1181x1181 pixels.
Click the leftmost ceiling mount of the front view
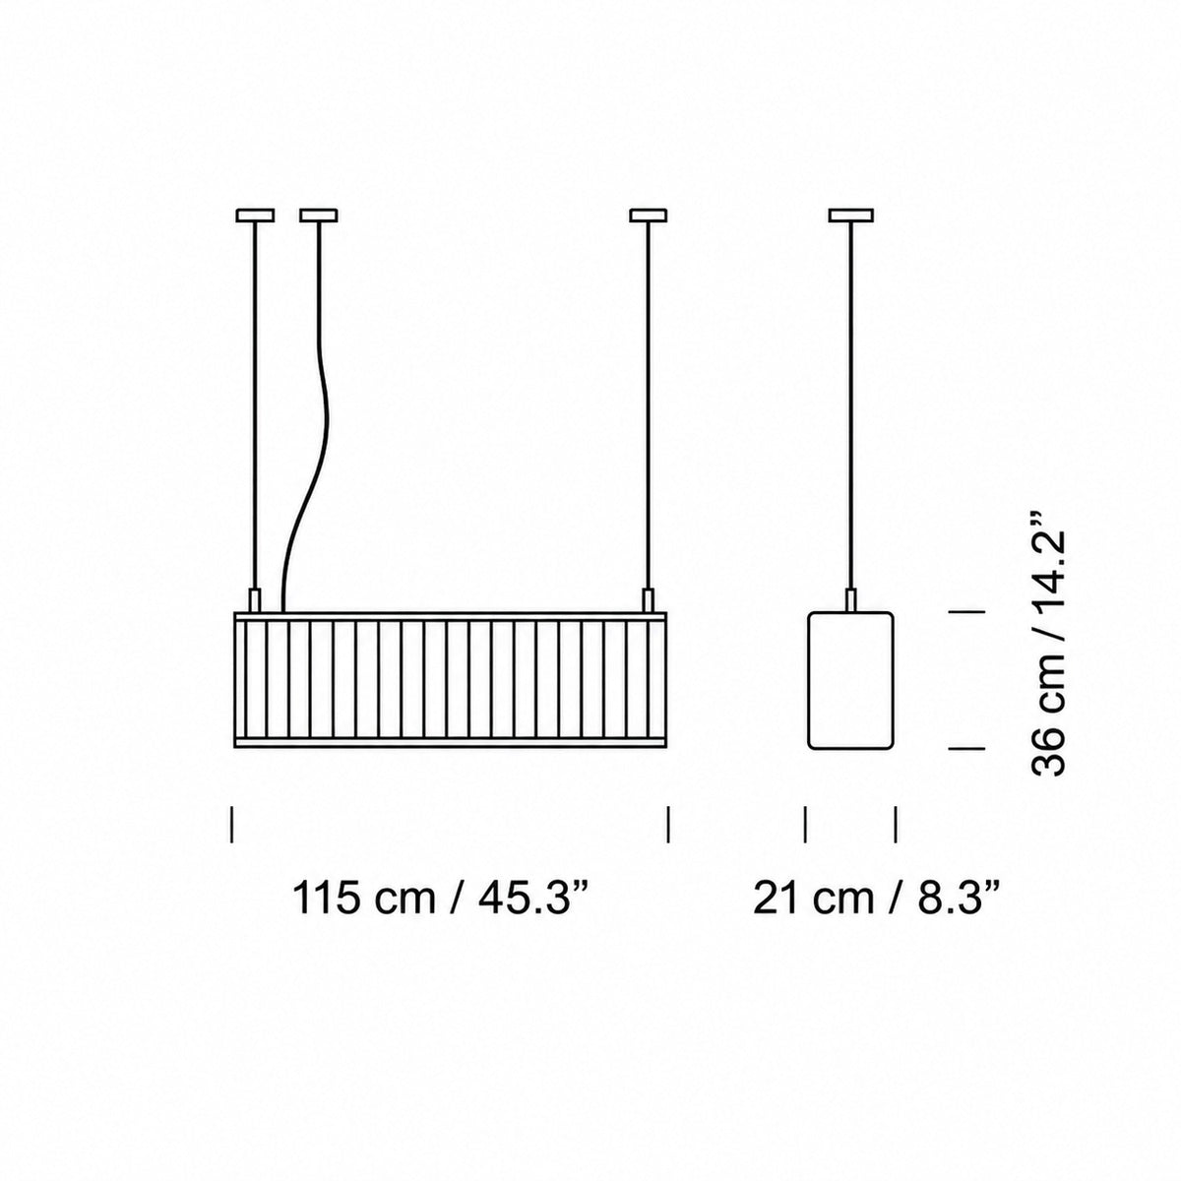pyautogui.click(x=255, y=216)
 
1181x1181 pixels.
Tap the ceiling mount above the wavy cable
pyautogui.click(x=319, y=216)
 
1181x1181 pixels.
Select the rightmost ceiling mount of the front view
pyautogui.click(x=649, y=216)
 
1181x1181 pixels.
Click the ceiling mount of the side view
pyautogui.click(x=850, y=216)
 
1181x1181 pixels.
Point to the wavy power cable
pyautogui.click(x=325, y=416)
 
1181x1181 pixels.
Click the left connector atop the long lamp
pyautogui.click(x=254, y=600)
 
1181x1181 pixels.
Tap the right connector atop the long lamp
pyautogui.click(x=648, y=600)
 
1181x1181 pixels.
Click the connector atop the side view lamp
pyautogui.click(x=850, y=600)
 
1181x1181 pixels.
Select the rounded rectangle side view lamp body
pyautogui.click(x=850, y=680)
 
